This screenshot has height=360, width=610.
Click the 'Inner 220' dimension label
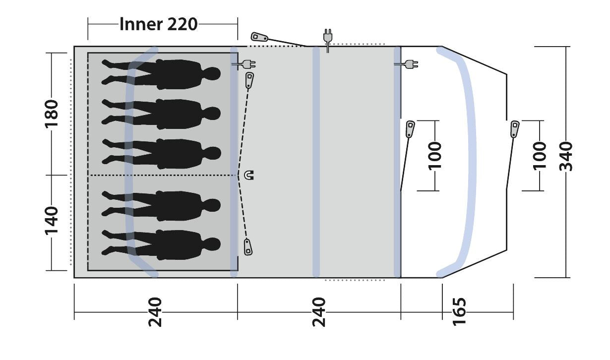pos(158,23)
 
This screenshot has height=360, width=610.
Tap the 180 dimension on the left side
pos(52,113)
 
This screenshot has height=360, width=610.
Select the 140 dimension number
pos(52,222)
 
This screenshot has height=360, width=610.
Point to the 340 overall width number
pos(566,156)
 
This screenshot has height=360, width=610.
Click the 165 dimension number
pos(460,311)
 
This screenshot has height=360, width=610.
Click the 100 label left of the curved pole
pos(434,155)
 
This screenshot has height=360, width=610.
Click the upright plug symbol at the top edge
pos(327,39)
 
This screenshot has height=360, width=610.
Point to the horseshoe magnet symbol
pos(248,175)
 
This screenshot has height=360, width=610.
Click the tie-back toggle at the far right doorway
pos(515,129)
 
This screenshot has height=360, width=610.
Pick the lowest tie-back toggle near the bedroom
pos(248,246)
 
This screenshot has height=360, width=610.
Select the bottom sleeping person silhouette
pos(161,244)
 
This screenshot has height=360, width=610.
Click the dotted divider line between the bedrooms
pos(164,175)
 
